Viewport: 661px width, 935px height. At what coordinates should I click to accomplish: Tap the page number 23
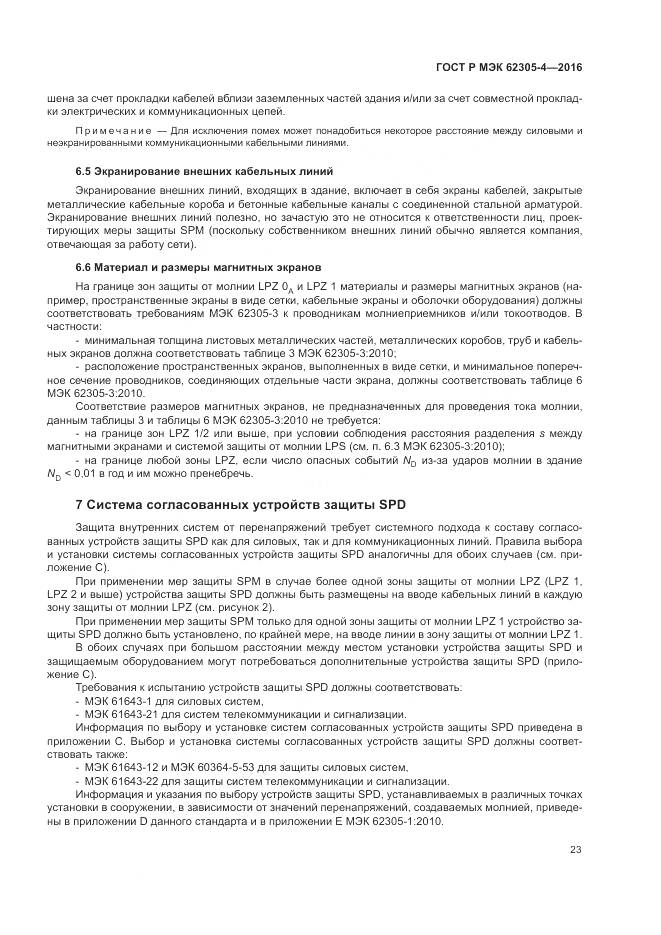point(576,850)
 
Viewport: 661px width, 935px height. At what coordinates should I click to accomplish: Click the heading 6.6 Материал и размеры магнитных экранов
point(199,268)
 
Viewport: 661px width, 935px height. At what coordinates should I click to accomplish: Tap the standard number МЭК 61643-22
point(123,780)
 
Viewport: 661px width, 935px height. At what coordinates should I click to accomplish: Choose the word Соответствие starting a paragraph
point(109,408)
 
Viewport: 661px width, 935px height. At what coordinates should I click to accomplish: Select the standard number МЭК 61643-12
point(123,767)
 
